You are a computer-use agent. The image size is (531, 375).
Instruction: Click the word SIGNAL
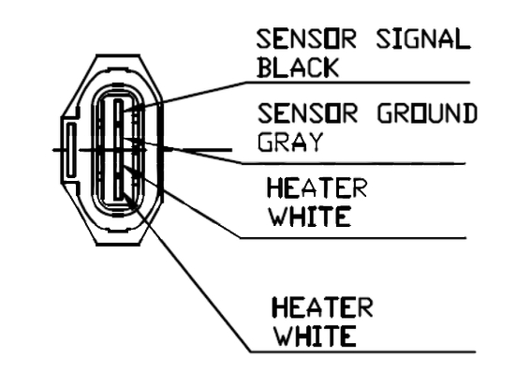(x=423, y=39)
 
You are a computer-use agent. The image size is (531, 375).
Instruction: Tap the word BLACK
(x=298, y=67)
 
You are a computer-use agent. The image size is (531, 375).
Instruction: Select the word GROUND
(x=427, y=112)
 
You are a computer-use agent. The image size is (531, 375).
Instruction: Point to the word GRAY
(x=290, y=142)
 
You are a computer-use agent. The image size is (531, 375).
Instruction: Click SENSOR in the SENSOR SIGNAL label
(x=306, y=39)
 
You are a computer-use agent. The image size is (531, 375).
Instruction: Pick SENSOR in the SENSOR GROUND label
(x=307, y=112)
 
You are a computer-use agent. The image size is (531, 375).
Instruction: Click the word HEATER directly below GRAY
(x=317, y=187)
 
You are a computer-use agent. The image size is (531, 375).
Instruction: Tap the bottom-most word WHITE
(x=315, y=336)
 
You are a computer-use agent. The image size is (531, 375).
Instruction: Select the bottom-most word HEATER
(x=322, y=307)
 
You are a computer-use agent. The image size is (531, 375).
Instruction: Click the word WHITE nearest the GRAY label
(x=310, y=217)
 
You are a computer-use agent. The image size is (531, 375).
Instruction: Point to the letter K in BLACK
(x=331, y=67)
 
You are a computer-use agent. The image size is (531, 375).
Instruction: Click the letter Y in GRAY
(x=315, y=142)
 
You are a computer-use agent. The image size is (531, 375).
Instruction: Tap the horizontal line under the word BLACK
(x=358, y=82)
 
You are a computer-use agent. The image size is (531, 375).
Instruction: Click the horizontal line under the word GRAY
(x=354, y=163)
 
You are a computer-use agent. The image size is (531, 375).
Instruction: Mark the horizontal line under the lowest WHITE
(x=363, y=352)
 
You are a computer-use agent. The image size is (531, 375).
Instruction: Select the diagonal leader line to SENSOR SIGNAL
(x=184, y=97)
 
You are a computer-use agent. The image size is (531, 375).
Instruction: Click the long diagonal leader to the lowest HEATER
(x=186, y=272)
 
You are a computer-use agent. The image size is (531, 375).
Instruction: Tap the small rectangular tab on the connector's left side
(x=71, y=150)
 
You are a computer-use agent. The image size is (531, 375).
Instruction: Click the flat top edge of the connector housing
(x=118, y=55)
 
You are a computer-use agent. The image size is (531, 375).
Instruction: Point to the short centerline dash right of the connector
(x=207, y=149)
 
